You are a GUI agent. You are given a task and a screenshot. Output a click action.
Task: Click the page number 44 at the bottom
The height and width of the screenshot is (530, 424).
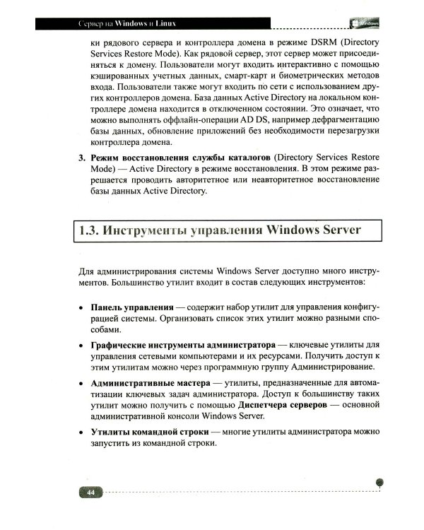[x=90, y=492]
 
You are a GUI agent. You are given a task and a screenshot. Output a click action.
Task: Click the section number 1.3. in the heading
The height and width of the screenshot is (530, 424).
[x=94, y=231]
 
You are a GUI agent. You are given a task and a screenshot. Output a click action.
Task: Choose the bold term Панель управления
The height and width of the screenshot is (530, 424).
[x=132, y=309]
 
